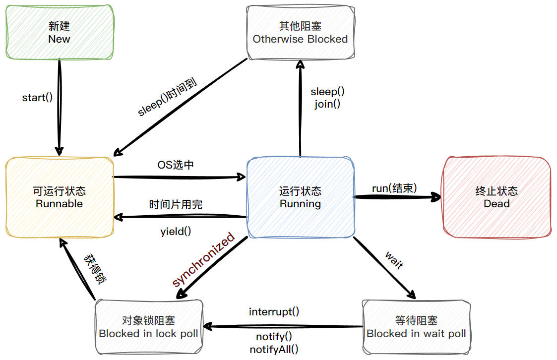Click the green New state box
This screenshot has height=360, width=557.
60,32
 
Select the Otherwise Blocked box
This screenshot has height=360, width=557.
301,33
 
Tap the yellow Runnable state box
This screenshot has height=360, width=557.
60,197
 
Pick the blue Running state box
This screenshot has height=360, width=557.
301,197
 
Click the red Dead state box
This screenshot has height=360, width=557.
496,197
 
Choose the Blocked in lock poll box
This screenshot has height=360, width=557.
149,327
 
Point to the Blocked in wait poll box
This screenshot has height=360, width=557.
416,327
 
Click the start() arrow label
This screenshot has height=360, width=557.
37,97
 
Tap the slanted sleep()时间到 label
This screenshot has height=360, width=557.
168,96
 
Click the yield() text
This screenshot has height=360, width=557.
176,231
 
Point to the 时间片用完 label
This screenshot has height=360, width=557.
176,205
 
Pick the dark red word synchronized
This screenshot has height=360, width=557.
203,259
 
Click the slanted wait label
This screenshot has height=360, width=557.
394,260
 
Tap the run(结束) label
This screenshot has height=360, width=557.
394,188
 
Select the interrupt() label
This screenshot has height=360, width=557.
274,312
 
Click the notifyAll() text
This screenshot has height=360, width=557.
274,349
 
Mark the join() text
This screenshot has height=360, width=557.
327,104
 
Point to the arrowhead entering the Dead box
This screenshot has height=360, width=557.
437,197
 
